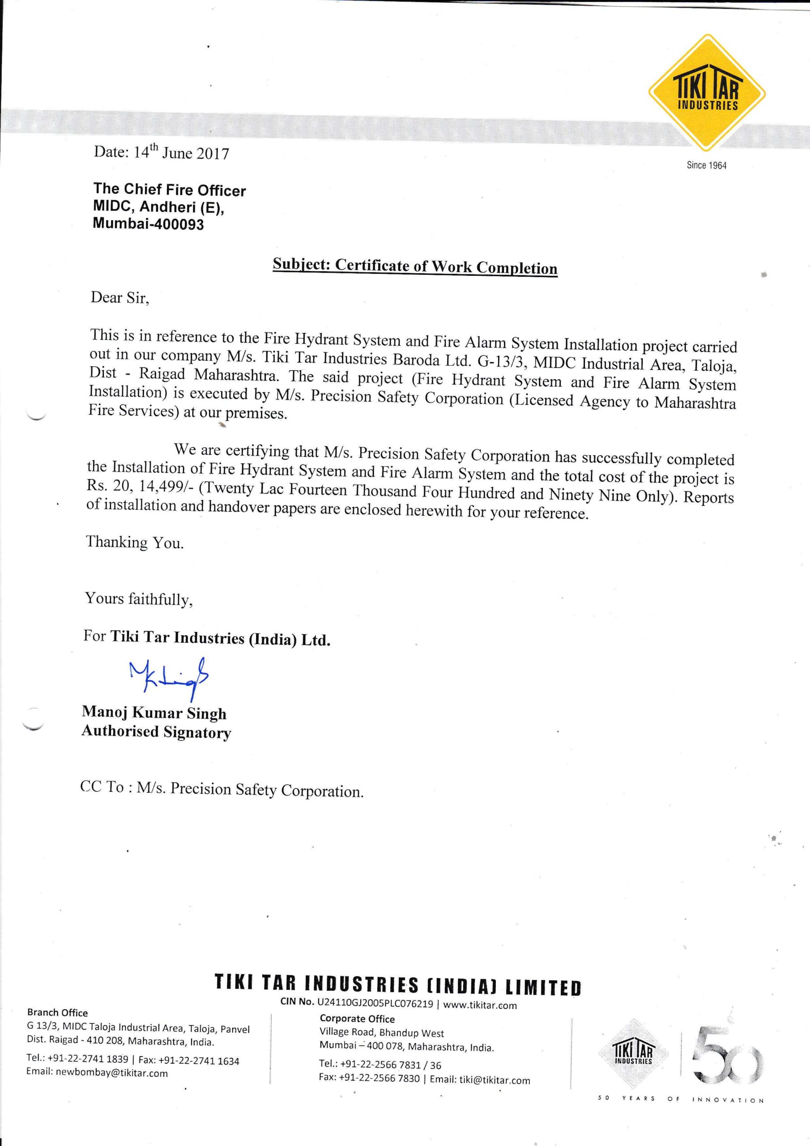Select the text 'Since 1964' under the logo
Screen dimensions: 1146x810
coord(706,165)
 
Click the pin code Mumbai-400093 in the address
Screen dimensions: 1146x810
coord(148,224)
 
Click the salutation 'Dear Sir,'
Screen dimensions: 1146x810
coord(119,298)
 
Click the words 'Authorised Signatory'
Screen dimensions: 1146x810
coord(156,732)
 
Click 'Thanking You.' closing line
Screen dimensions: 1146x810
coord(135,542)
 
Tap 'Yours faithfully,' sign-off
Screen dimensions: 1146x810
coord(139,598)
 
